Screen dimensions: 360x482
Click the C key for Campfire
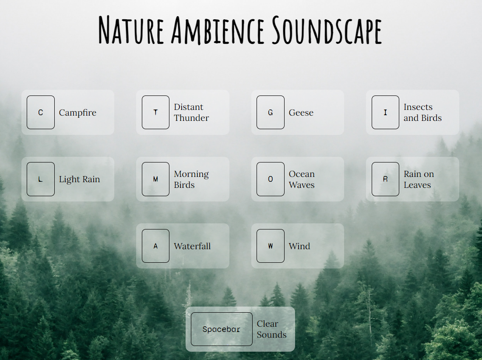[x=41, y=113]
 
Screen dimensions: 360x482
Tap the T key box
[x=155, y=113]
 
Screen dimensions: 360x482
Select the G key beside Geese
[x=270, y=113]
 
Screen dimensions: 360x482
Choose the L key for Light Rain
[x=41, y=179]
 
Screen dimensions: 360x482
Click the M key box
[x=155, y=179]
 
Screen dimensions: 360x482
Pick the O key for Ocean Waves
[x=270, y=179]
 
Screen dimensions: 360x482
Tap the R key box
[x=385, y=179]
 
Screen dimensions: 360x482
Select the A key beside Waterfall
[x=155, y=246]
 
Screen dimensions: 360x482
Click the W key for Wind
[x=270, y=246]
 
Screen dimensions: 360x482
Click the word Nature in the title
[x=131, y=30]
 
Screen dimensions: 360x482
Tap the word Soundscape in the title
[x=327, y=30]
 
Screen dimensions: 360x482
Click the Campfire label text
[x=77, y=113]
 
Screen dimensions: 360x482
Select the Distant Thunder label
[x=191, y=113]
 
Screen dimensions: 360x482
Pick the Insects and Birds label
[x=422, y=113]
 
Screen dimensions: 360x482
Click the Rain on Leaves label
[x=419, y=179]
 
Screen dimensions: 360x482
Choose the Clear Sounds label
[x=271, y=329]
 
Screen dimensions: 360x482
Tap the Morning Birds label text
[x=191, y=179]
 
